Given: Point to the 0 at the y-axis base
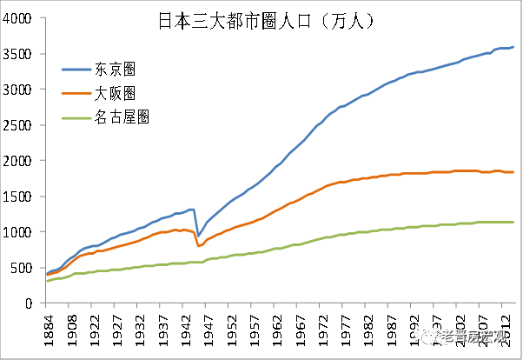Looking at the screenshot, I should coord(30,303).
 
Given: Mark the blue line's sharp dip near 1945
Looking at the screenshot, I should coord(198,236).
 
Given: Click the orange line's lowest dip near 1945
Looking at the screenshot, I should coord(198,246).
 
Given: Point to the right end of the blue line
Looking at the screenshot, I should coord(513,47).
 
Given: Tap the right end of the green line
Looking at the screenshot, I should coord(513,222).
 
